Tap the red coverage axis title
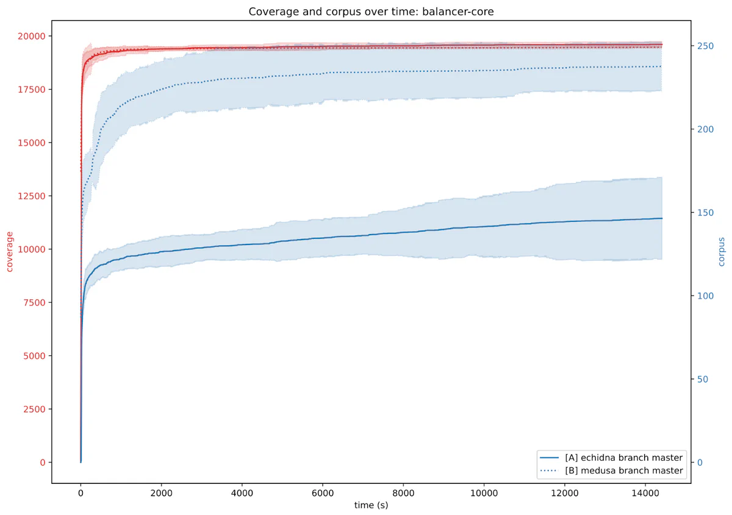[x=10, y=251]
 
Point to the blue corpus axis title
[x=722, y=251]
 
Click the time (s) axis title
[x=371, y=505]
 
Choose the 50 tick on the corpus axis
[x=702, y=379]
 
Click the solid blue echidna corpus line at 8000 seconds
[x=403, y=232]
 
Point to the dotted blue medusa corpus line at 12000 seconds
[x=564, y=68]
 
